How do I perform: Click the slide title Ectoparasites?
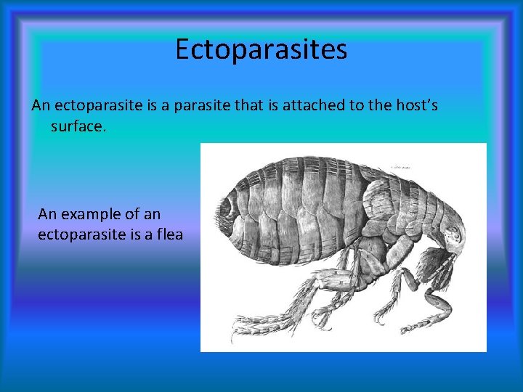click(261, 49)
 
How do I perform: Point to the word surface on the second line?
click(78, 126)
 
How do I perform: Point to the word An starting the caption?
click(47, 214)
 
